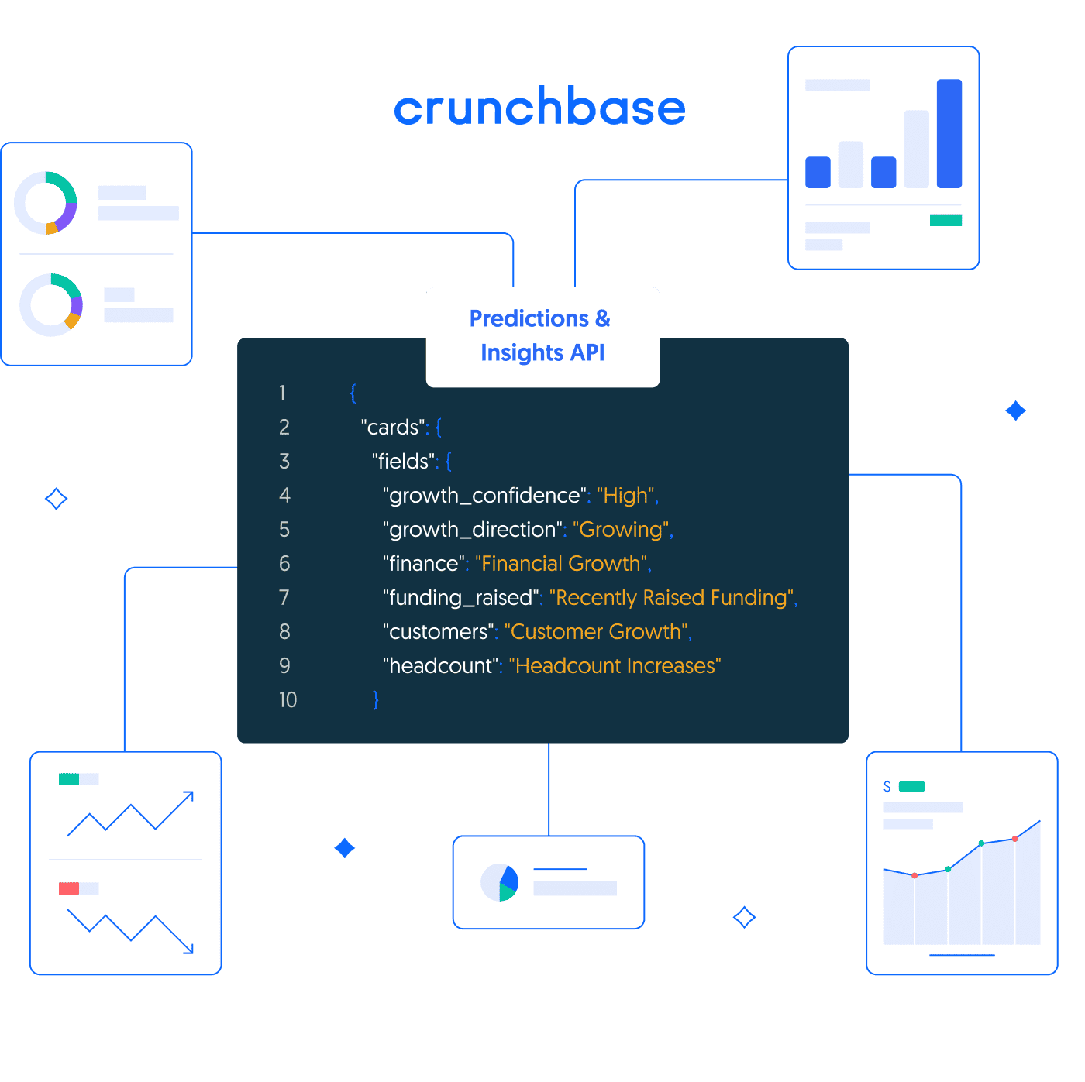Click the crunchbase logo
(x=540, y=108)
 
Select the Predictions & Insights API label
(x=542, y=336)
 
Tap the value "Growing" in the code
(x=622, y=530)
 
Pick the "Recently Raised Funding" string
(x=672, y=598)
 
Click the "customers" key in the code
(x=438, y=632)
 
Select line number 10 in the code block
(x=288, y=700)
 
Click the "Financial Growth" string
(x=561, y=564)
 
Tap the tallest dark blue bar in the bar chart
(x=949, y=133)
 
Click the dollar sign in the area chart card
(x=887, y=787)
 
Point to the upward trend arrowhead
(x=188, y=795)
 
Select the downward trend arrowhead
(x=188, y=949)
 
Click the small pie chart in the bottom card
(x=500, y=883)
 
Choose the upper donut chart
(x=46, y=203)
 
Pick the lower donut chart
(x=51, y=304)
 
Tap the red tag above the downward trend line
(x=69, y=888)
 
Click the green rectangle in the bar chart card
(x=945, y=221)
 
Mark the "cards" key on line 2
(x=394, y=428)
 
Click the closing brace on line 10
(x=376, y=700)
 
